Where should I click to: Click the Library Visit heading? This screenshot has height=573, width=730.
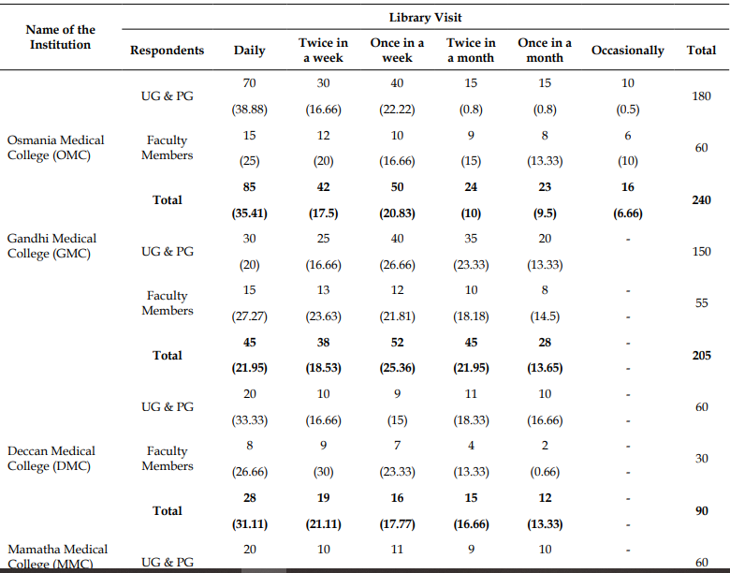tap(425, 18)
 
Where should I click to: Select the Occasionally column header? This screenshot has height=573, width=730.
tap(628, 51)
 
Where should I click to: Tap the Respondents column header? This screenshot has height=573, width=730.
tap(168, 51)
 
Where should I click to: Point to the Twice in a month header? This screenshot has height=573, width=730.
tap(471, 51)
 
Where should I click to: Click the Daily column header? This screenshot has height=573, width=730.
tap(250, 51)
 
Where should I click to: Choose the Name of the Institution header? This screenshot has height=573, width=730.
tap(61, 37)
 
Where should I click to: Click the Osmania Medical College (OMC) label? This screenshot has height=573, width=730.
tap(56, 148)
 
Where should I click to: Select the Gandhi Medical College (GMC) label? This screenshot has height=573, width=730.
tap(51, 246)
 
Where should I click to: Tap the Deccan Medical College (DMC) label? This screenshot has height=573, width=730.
tap(51, 459)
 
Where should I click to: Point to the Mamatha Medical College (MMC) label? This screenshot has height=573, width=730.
tap(58, 557)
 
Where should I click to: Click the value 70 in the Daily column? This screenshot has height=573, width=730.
tap(250, 83)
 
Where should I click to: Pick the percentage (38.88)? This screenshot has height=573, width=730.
tap(250, 110)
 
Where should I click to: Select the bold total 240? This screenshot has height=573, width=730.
tap(701, 199)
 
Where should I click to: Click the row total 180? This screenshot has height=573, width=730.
tap(701, 95)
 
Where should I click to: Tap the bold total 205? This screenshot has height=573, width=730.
tap(701, 356)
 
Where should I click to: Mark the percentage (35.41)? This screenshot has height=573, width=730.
tap(250, 213)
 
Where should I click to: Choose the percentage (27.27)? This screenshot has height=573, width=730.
tap(250, 316)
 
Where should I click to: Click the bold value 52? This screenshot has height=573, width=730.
tap(397, 343)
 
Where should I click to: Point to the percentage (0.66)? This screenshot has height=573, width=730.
tap(545, 472)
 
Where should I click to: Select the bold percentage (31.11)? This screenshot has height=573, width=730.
tap(250, 524)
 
